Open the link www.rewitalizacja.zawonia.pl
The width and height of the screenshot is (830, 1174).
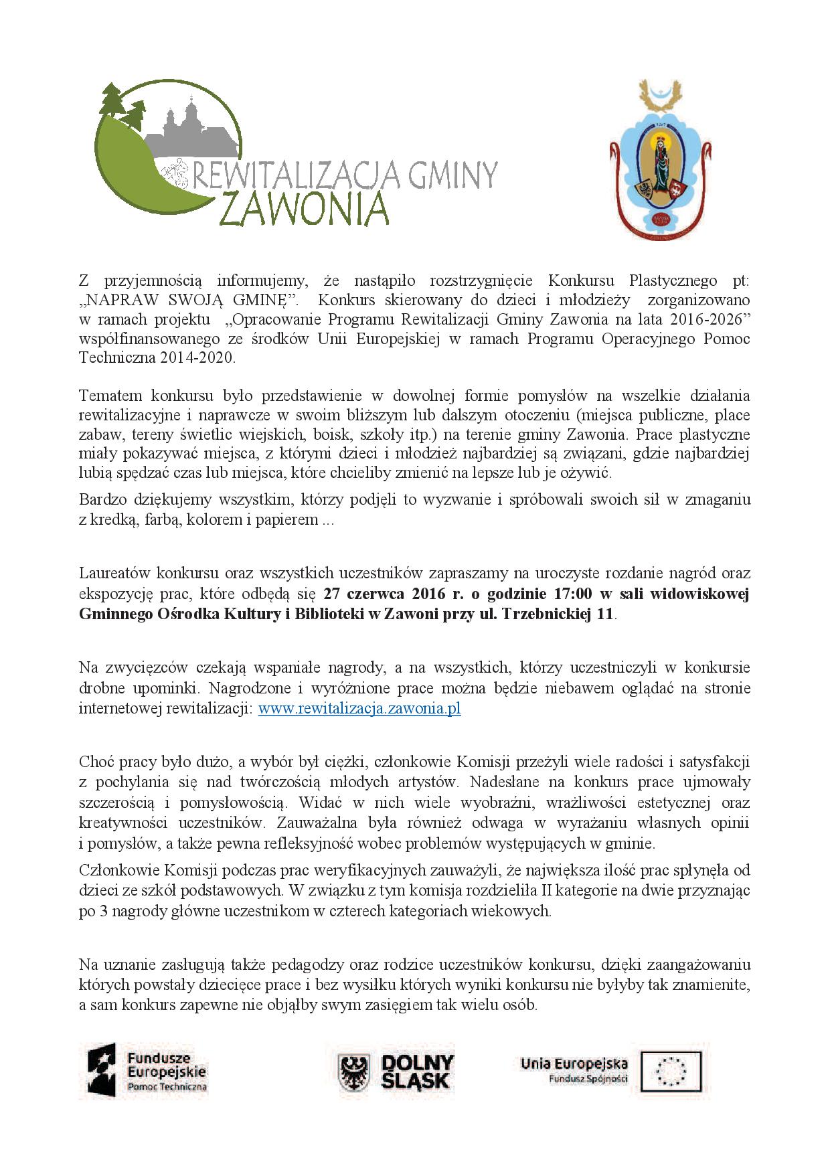tap(359, 709)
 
